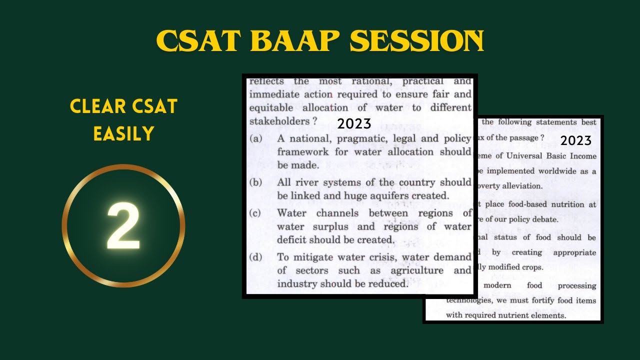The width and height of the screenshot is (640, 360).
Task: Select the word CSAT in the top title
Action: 198,41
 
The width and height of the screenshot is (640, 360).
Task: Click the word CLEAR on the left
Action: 98,106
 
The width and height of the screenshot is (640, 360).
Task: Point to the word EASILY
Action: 123,133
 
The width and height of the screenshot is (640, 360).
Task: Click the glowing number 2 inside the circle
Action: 123,226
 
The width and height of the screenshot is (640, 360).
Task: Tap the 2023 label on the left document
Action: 354,123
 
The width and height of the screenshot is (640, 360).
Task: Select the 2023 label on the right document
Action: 575,140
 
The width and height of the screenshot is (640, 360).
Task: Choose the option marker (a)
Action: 255,139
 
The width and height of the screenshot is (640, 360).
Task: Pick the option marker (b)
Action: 255,182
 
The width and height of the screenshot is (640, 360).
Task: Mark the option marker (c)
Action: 255,213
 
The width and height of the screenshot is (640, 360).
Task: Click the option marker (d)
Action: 255,257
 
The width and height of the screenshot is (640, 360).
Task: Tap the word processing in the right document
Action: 576,285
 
